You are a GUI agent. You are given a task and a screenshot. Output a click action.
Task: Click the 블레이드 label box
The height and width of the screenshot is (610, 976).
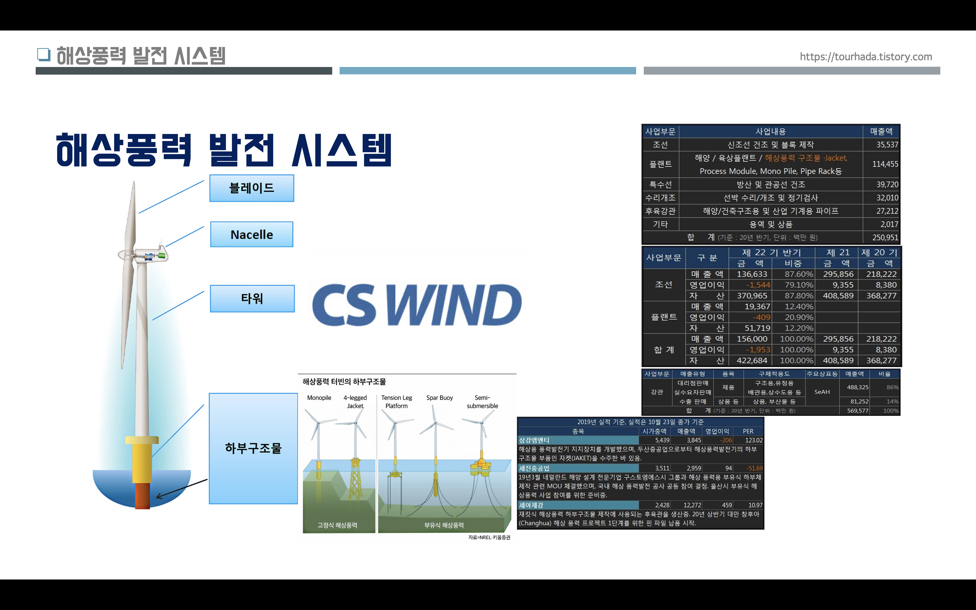(252, 188)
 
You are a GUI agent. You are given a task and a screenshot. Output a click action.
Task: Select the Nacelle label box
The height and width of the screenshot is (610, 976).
(252, 234)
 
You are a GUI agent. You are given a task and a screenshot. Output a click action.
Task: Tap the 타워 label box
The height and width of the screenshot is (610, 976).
(252, 298)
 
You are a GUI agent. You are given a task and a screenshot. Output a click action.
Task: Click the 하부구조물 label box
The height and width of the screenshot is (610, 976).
(253, 448)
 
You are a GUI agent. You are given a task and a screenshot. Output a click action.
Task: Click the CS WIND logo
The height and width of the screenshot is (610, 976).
(417, 305)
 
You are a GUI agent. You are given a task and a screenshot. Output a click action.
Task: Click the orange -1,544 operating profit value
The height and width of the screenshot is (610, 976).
(758, 285)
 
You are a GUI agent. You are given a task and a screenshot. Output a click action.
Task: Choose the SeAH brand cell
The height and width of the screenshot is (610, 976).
(822, 392)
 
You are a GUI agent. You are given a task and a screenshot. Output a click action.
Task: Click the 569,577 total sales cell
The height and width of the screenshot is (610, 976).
(858, 411)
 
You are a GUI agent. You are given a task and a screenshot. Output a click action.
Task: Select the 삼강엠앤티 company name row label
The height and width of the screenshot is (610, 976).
(534, 440)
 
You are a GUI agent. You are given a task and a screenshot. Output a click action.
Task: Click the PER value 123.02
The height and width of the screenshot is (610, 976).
(753, 440)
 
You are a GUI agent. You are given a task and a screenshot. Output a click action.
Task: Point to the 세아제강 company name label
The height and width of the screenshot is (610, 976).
(531, 505)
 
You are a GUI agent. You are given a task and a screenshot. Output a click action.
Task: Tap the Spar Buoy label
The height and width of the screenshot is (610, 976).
(440, 398)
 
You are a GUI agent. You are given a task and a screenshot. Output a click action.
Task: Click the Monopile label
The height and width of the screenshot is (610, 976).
(319, 398)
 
